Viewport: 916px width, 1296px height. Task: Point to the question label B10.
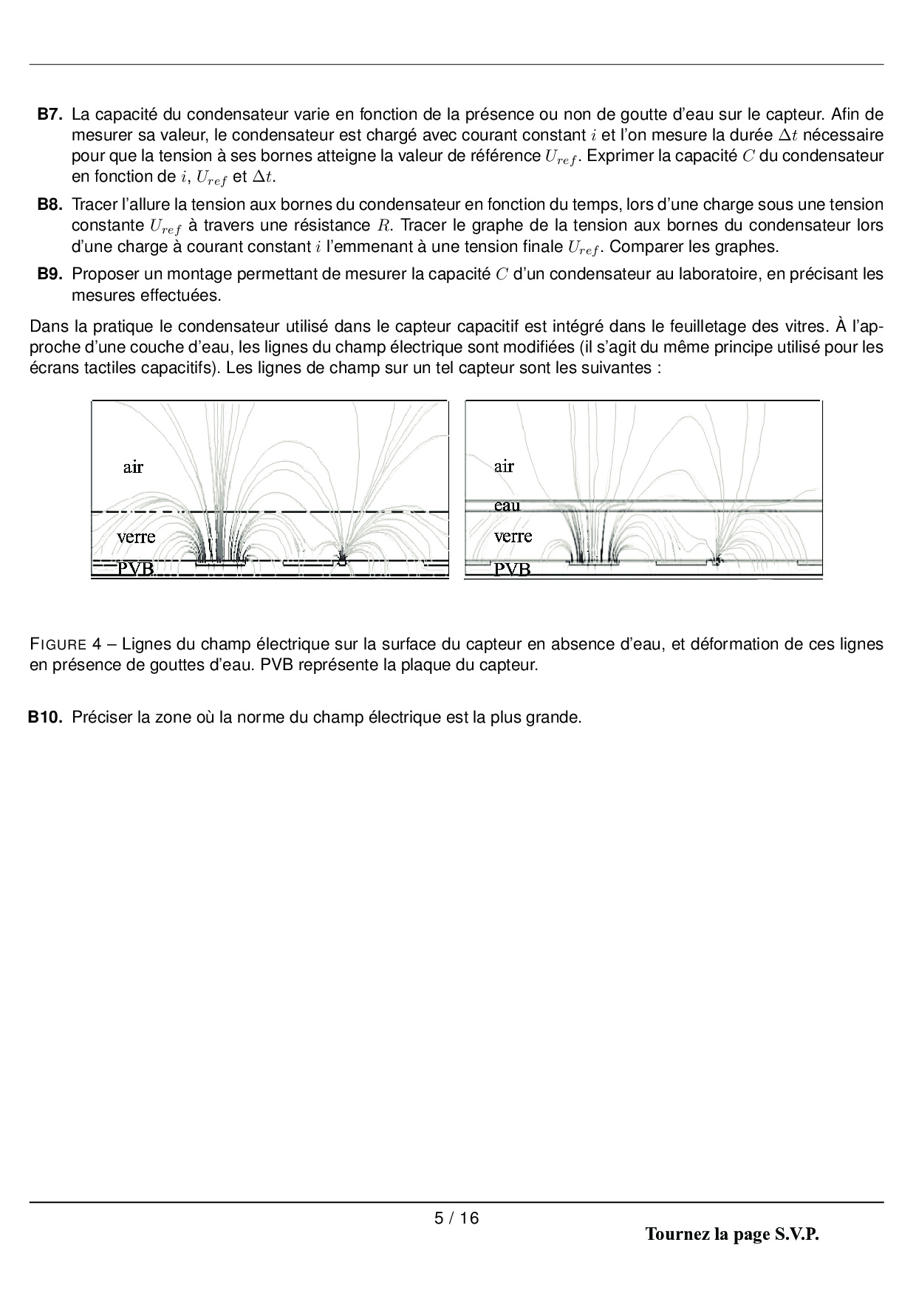tap(46, 717)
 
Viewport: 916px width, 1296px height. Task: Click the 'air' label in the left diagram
tap(133, 467)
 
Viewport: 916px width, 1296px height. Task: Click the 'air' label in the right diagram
tap(504, 466)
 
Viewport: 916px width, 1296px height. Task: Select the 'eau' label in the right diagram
tap(507, 506)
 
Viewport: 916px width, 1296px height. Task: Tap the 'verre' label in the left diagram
tap(136, 537)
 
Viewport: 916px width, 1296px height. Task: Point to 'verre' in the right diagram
tap(513, 536)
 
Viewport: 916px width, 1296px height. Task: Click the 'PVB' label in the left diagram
tap(136, 569)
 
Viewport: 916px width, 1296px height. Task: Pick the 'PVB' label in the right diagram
tap(512, 570)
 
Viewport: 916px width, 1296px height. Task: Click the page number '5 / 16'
tap(457, 1218)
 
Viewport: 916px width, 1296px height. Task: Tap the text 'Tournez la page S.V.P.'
tap(732, 1234)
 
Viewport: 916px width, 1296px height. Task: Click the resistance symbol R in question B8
tap(383, 226)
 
